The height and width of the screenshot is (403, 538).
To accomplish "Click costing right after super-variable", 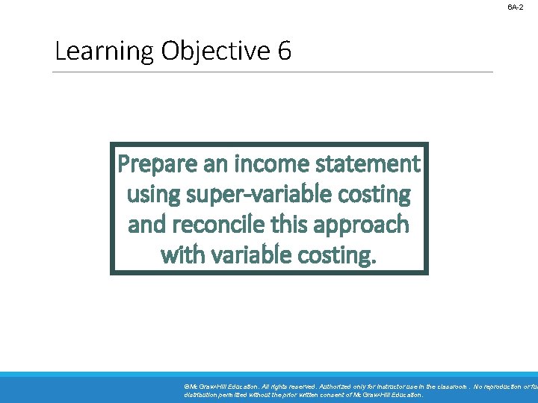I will [x=374, y=194].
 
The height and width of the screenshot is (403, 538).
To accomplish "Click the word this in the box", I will [x=294, y=225].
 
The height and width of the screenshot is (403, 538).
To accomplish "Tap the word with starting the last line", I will [x=181, y=255].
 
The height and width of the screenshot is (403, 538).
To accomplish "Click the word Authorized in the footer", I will [x=341, y=387].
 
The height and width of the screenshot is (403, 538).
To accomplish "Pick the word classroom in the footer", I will [x=448, y=387].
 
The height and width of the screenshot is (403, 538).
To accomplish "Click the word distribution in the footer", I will [x=201, y=395].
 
